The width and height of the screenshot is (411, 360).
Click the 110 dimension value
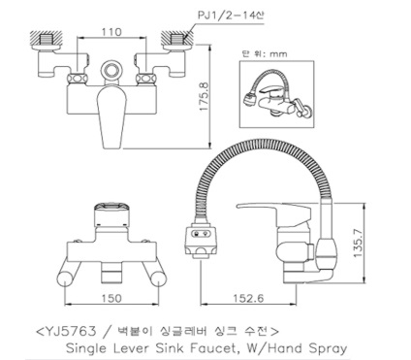[111, 32]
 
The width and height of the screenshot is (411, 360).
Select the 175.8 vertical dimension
[205, 97]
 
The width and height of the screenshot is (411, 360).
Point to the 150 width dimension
[111, 298]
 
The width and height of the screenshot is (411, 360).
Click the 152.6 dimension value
[248, 298]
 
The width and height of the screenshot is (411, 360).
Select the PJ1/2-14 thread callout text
[230, 15]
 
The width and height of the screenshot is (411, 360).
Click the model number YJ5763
[71, 331]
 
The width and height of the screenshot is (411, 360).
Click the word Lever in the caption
[132, 348]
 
